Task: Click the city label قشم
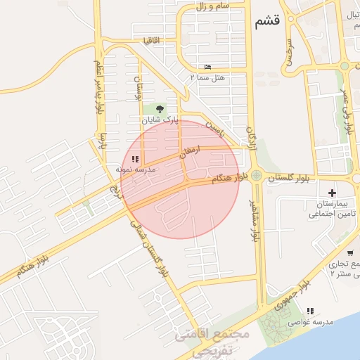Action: pyautogui.click(x=264, y=21)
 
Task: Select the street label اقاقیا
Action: pyautogui.click(x=151, y=40)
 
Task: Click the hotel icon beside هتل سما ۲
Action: pyautogui.click(x=207, y=67)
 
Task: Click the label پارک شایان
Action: pyautogui.click(x=160, y=120)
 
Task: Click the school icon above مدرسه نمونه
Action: pyautogui.click(x=135, y=160)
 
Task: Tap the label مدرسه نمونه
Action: pyautogui.click(x=135, y=170)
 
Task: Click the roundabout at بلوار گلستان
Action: pyautogui.click(x=257, y=176)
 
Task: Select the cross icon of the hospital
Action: pyautogui.click(x=332, y=192)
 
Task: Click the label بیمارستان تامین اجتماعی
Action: pyautogui.click(x=326, y=208)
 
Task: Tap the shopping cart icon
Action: pyautogui.click(x=349, y=253)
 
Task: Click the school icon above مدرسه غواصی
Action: pyautogui.click(x=310, y=310)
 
